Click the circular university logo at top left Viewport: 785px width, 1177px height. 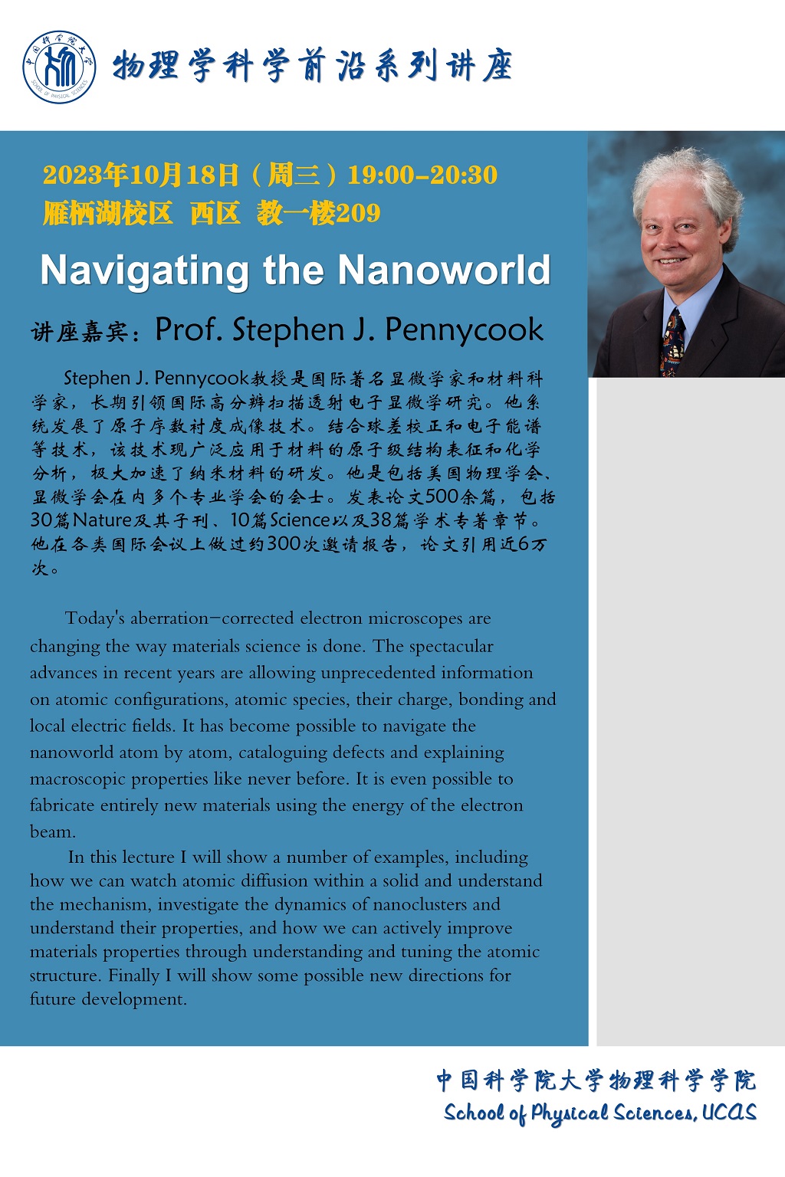[59, 67]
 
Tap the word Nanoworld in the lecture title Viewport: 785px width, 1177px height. [445, 270]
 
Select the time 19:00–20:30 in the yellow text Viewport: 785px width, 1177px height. [422, 175]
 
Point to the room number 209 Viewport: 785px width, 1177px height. [359, 212]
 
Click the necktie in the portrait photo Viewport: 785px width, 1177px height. [672, 343]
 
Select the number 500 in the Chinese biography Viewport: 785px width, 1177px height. [442, 497]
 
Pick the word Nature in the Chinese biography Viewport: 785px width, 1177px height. [103, 520]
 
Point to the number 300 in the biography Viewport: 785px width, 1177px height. [284, 544]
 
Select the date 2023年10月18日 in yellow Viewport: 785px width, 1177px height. [141, 175]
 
